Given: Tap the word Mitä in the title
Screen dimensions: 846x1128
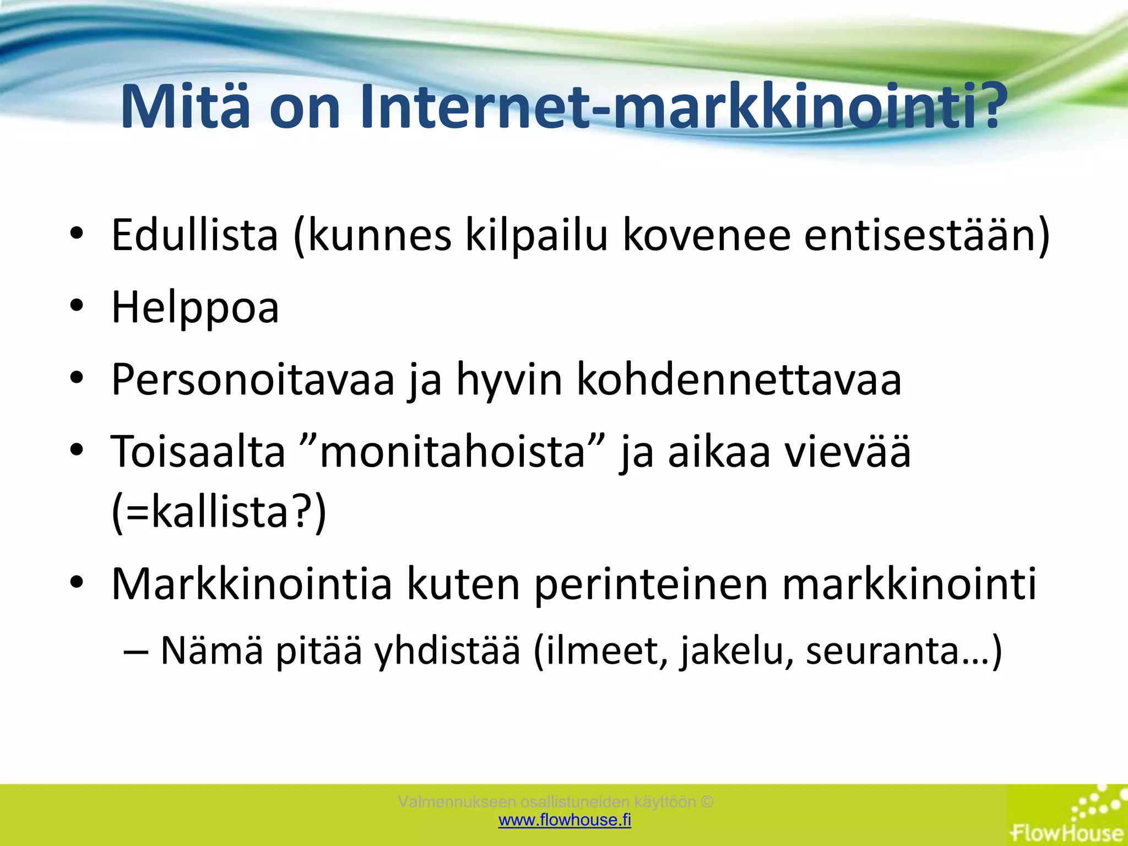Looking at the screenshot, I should (x=185, y=107).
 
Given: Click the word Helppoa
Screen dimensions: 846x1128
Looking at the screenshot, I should (x=195, y=307).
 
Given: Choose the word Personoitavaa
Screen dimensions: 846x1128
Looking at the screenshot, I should (x=253, y=379).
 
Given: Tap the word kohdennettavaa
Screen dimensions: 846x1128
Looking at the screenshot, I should (x=739, y=379).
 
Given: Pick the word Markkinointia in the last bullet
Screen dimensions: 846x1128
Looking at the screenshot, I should (x=252, y=584).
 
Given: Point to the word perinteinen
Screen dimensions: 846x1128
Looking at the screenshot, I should (x=651, y=584).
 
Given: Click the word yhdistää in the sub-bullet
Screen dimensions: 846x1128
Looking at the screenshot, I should (x=447, y=650).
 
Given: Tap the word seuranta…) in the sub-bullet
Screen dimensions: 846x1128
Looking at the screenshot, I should (x=904, y=650).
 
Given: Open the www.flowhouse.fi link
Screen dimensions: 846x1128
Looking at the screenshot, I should (x=565, y=820).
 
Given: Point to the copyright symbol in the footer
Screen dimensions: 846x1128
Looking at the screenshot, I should (x=708, y=801).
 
